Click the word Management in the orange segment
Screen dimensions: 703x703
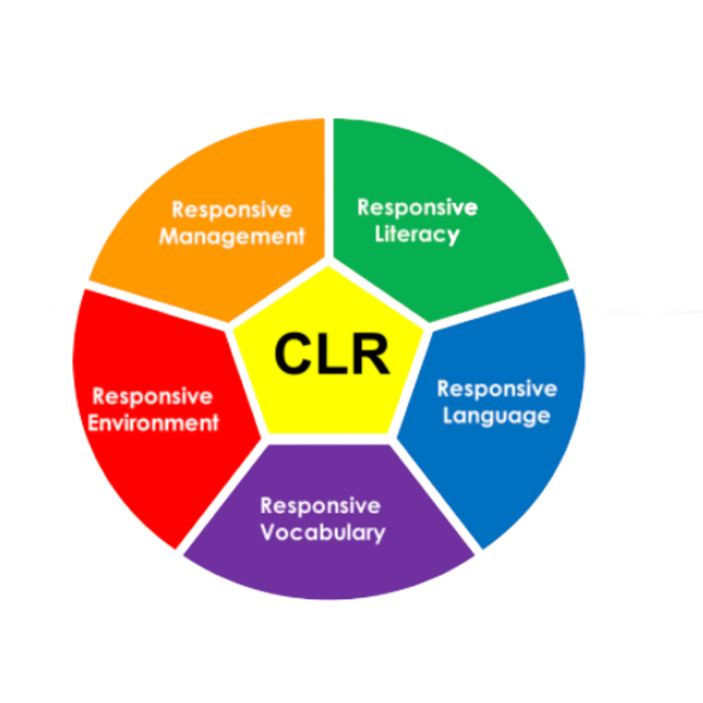pyautogui.click(x=232, y=236)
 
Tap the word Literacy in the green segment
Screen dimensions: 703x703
pyautogui.click(x=417, y=234)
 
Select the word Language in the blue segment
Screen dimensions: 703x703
pyautogui.click(x=496, y=416)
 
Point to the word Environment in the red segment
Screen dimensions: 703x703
pyautogui.click(x=153, y=423)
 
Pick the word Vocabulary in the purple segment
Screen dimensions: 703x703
pyautogui.click(x=322, y=532)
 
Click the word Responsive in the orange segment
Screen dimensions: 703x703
pyautogui.click(x=232, y=209)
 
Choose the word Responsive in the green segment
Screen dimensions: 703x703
pyautogui.click(x=417, y=207)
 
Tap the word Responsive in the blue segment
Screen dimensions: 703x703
pyautogui.click(x=497, y=389)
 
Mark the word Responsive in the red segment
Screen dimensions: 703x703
pyautogui.click(x=152, y=397)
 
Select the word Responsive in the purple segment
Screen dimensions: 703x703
pyautogui.click(x=320, y=506)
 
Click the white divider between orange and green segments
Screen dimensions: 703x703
pyautogui.click(x=329, y=191)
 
